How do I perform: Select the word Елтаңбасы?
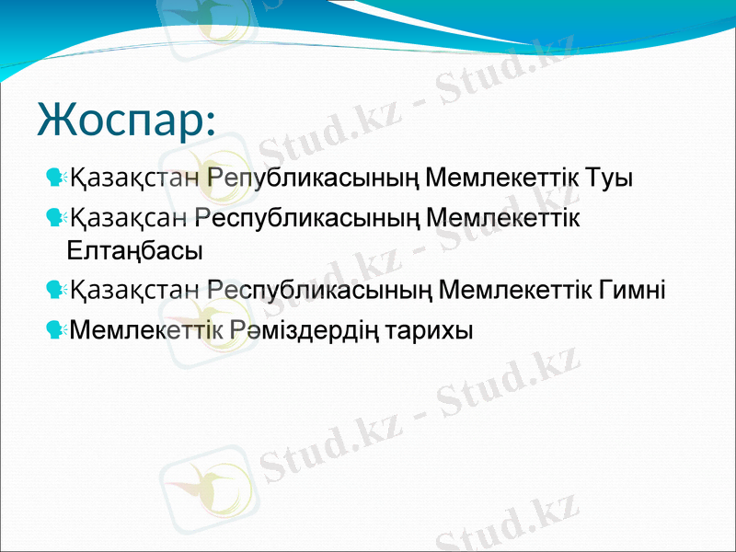(x=135, y=249)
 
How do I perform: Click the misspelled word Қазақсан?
(x=130, y=218)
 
